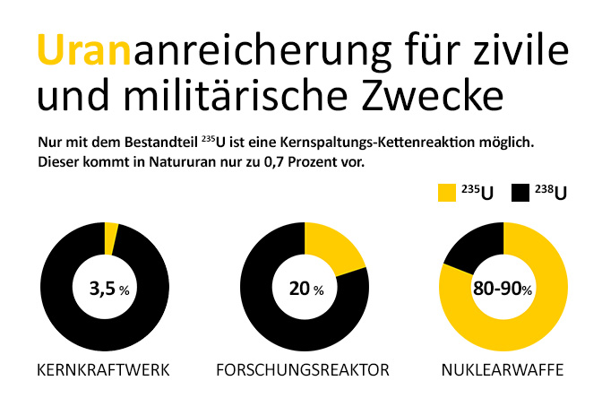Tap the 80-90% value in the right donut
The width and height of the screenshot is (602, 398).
coord(503,289)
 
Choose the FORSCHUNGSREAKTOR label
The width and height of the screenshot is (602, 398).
coord(304,370)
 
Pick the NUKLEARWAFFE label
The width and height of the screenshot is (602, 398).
coord(502,370)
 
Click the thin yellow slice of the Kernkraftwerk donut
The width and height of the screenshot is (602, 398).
coord(111,238)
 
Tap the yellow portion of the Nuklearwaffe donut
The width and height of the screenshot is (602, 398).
coord(537,314)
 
